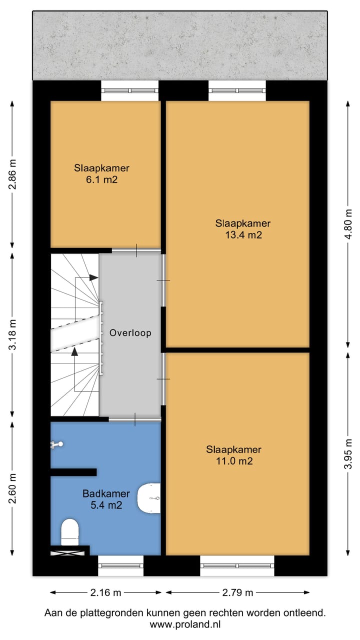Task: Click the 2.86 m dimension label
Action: tap(12, 174)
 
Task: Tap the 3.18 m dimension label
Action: tap(12, 334)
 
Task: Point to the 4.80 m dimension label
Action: tap(348, 224)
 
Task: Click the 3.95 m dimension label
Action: tap(348, 453)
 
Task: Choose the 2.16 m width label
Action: tap(105, 592)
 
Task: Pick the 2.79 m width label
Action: tap(237, 592)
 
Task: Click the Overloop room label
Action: tap(130, 333)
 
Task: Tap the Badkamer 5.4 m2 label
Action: tap(106, 499)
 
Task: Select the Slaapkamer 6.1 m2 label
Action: tap(101, 173)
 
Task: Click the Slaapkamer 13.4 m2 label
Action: tap(243, 229)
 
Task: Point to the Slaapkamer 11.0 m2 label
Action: tap(233, 455)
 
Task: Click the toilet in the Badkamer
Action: tap(70, 531)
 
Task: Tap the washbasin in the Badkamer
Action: tap(149, 498)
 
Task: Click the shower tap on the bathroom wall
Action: tap(57, 444)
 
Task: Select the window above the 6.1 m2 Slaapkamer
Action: tap(130, 91)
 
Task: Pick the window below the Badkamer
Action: tap(121, 565)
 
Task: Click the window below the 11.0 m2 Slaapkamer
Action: tap(237, 565)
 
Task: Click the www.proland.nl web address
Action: tap(185, 624)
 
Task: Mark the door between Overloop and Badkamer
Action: tap(135, 419)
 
